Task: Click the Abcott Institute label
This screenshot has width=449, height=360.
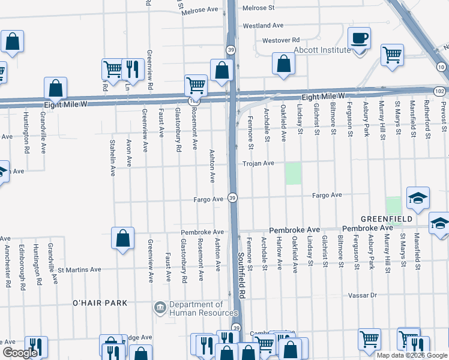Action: (x=322, y=50)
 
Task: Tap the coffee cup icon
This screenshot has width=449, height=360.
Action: (x=360, y=40)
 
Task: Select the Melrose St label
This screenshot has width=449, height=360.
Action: (x=258, y=8)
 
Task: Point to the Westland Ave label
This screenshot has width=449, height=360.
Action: (x=263, y=26)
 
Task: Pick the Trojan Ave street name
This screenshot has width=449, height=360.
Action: (x=258, y=163)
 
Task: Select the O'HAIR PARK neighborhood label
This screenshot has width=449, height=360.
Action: (x=100, y=303)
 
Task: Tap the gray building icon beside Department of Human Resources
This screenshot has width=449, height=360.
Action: (x=160, y=308)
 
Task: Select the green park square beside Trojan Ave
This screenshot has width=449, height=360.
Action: (x=293, y=173)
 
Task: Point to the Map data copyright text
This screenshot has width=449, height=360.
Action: (x=411, y=355)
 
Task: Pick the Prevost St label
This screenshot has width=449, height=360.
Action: (x=444, y=117)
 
